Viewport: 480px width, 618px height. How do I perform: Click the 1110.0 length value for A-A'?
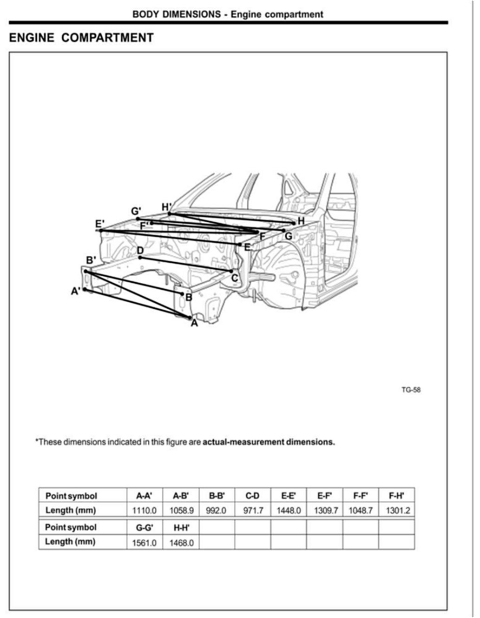[145, 511]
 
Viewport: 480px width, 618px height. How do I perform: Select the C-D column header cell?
[252, 496]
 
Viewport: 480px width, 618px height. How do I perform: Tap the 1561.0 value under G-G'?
[145, 543]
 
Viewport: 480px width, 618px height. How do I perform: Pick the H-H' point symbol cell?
[181, 528]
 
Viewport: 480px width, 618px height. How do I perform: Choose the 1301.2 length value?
[398, 511]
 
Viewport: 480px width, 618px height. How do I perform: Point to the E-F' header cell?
[324, 496]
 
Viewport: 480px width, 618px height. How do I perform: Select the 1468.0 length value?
[181, 543]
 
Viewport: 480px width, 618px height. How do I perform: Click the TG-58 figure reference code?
[411, 390]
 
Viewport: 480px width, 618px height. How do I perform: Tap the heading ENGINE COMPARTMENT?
[81, 38]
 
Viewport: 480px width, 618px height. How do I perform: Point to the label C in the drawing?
[235, 278]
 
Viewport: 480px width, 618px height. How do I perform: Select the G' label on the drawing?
[136, 212]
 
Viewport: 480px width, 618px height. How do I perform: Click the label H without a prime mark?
[301, 221]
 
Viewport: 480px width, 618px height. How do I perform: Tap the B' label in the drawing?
[91, 260]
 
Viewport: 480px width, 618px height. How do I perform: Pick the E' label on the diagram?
[100, 224]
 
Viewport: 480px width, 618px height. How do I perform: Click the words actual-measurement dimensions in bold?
[269, 442]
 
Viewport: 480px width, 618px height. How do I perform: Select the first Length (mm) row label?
[71, 511]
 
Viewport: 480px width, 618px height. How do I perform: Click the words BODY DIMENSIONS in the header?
[177, 14]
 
